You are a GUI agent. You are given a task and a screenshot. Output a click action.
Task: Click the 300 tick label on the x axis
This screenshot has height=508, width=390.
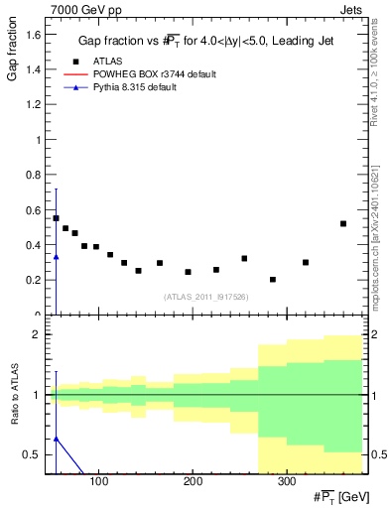pyautogui.click(x=285, y=482)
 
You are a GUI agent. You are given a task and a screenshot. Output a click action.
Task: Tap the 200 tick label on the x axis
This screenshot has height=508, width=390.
pyautogui.click(x=192, y=482)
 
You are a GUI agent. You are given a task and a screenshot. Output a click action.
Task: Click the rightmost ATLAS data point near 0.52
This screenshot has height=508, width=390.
pyautogui.click(x=343, y=223)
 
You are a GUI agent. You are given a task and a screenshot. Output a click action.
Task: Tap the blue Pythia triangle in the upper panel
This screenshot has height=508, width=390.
pyautogui.click(x=56, y=257)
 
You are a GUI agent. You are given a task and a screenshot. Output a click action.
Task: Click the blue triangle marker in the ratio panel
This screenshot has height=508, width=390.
pyautogui.click(x=56, y=438)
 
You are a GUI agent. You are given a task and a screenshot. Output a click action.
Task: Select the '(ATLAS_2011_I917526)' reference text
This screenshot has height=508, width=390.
pyautogui.click(x=204, y=297)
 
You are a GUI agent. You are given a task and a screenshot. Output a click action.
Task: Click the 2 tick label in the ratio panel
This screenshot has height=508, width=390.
pyautogui.click(x=37, y=335)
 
